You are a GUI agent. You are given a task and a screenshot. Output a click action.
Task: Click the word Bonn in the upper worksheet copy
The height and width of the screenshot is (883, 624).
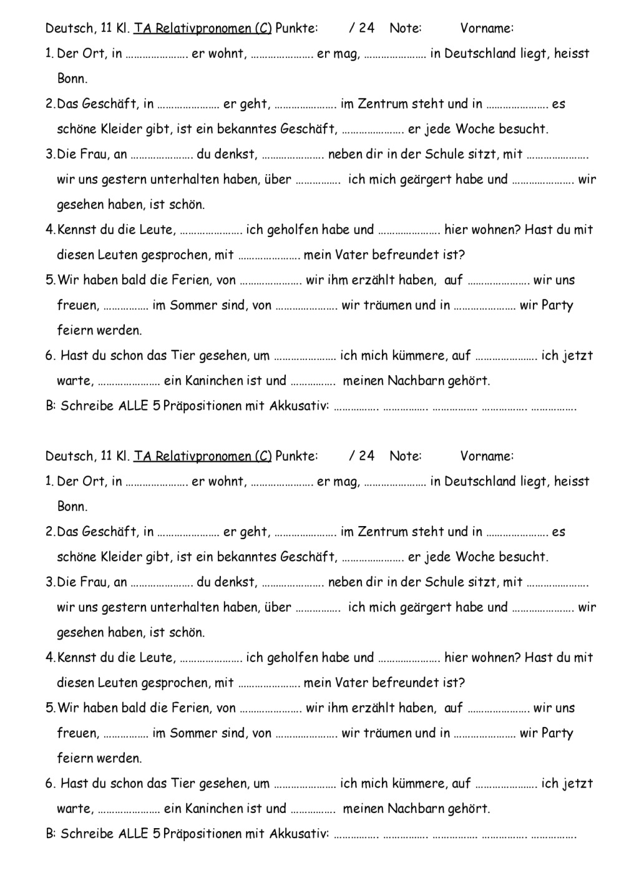(72, 79)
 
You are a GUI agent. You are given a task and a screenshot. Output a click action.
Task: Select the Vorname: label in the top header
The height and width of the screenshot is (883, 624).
(487, 28)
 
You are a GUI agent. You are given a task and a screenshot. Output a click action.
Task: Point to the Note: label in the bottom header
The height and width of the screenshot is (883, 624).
(405, 456)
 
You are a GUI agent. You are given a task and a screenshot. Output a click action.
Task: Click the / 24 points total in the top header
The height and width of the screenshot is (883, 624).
(362, 28)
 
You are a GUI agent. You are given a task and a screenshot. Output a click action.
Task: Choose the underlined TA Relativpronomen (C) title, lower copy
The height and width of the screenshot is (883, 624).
(203, 456)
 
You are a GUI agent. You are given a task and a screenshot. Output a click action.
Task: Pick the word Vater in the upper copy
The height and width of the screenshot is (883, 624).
(351, 255)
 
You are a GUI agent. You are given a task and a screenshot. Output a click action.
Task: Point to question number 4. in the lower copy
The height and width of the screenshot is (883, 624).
(51, 658)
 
